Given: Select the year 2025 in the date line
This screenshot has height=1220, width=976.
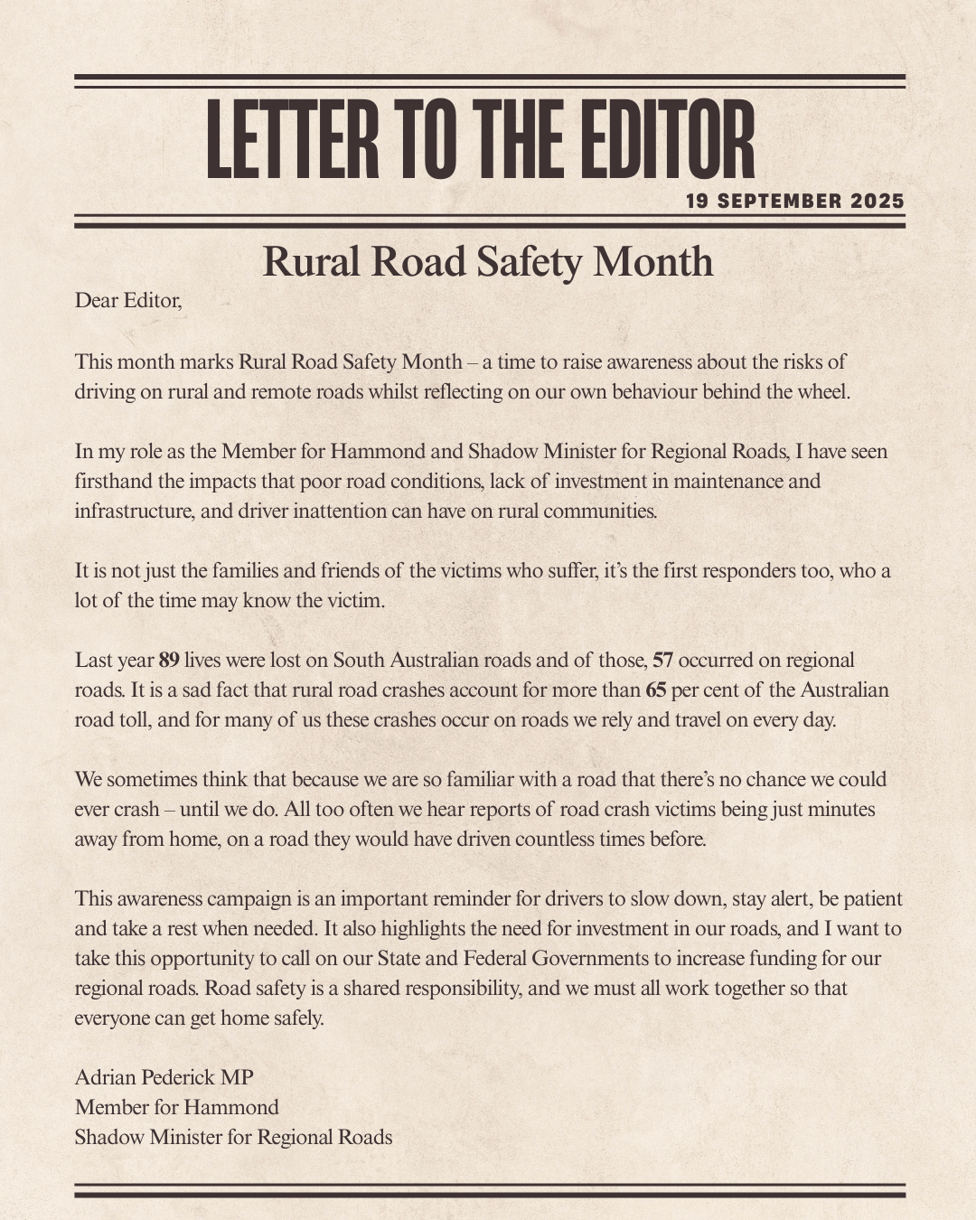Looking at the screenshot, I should (877, 201).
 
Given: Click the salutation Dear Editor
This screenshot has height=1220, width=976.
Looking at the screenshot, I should (128, 300).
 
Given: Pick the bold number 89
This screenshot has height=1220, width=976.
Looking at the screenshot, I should (169, 660).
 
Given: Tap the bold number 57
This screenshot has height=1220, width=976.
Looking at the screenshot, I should (662, 660).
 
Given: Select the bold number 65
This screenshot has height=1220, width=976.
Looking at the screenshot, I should (655, 690).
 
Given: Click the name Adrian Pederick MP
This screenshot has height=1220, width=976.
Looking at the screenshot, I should (164, 1077).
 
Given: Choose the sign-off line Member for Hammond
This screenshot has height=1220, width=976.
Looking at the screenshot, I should (176, 1107).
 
